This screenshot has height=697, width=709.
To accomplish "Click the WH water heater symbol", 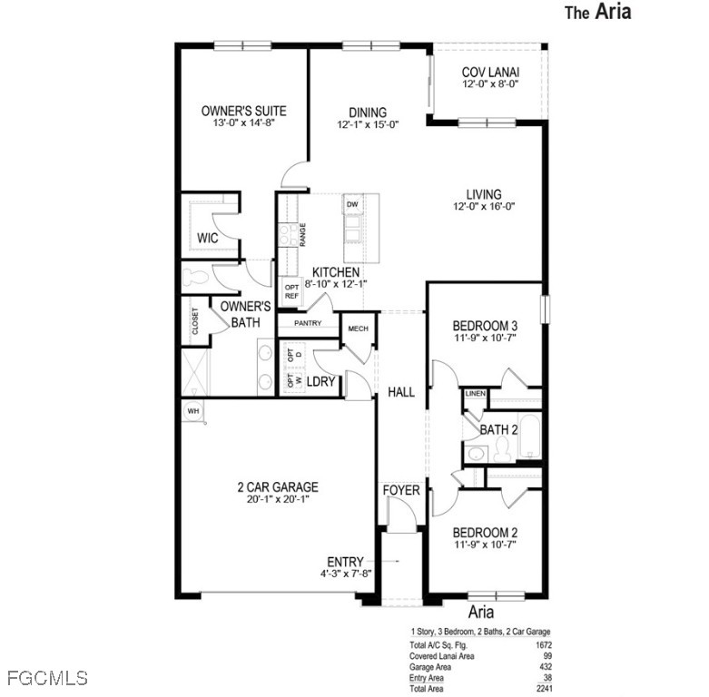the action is click(x=193, y=411).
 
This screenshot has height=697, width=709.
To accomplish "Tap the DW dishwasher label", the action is click(x=352, y=205).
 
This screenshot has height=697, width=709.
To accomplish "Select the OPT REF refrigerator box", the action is click(x=291, y=291).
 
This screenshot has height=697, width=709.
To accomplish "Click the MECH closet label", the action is click(x=358, y=329).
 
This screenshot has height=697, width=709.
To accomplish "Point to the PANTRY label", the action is click(x=308, y=323).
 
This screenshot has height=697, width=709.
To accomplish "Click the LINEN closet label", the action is click(x=475, y=394).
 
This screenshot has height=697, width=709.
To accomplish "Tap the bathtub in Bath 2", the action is click(x=529, y=436).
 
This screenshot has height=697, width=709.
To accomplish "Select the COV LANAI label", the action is click(x=490, y=73).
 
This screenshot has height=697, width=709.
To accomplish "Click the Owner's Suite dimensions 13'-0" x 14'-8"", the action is click(x=244, y=123).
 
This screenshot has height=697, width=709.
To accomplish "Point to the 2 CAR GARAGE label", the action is click(x=278, y=486).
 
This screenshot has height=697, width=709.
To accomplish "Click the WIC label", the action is click(x=208, y=238).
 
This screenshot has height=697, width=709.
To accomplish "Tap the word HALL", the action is click(x=401, y=392).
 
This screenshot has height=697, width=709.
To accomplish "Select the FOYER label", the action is click(x=401, y=490).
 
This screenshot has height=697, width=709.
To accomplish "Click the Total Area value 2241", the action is click(x=544, y=689).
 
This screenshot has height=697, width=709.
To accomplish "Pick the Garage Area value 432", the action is click(x=546, y=667).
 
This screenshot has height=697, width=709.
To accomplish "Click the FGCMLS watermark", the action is click(x=47, y=678).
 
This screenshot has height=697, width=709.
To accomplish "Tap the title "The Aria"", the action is click(x=597, y=11).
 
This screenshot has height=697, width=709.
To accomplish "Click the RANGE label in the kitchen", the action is click(x=302, y=234).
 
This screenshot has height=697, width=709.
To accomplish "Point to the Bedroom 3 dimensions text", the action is click(x=485, y=338).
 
